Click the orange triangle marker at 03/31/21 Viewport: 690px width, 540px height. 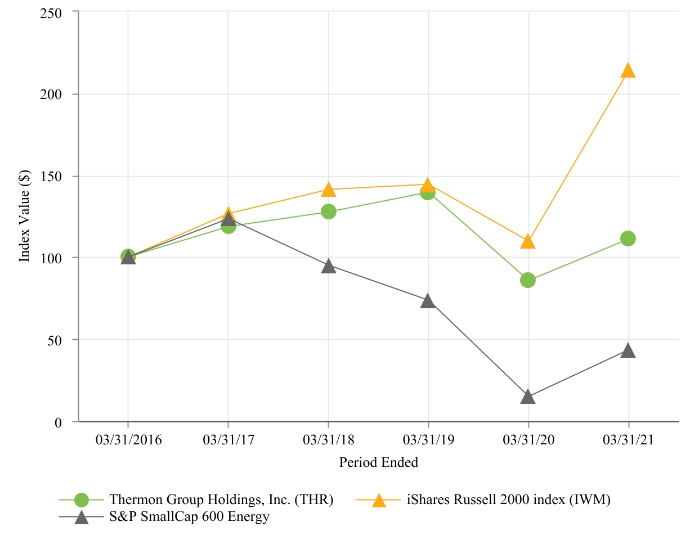coord(628,71)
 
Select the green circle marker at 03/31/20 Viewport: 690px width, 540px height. coord(528,280)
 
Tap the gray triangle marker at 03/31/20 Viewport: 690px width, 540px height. coord(528,397)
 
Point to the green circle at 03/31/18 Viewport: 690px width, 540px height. coord(329,211)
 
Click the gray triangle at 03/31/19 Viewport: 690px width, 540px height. coord(428,301)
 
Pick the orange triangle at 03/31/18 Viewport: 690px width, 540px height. coord(329,190)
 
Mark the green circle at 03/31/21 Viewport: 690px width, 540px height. coord(628,238)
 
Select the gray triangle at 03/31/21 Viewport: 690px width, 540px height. coord(628,351)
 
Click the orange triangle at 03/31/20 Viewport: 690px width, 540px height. coord(528,242)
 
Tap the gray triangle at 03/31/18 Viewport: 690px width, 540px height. coord(329,267)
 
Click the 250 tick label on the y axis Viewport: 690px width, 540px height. coord(52,12)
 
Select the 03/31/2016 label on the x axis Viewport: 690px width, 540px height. coord(128,440)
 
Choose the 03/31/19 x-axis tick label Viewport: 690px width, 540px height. coord(428,440)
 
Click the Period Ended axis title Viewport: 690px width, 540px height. coord(378,463)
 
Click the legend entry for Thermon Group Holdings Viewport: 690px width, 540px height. coord(222,499)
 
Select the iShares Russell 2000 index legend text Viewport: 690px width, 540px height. coord(508,499)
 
